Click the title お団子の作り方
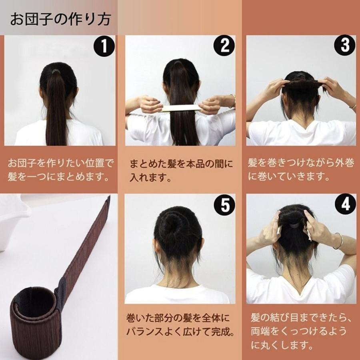(60, 19)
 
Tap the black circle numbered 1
(104, 47)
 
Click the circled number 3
(345, 47)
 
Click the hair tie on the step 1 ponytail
(56, 70)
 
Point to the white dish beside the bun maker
(12, 220)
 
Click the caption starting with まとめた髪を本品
(181, 170)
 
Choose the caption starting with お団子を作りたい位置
(60, 170)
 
